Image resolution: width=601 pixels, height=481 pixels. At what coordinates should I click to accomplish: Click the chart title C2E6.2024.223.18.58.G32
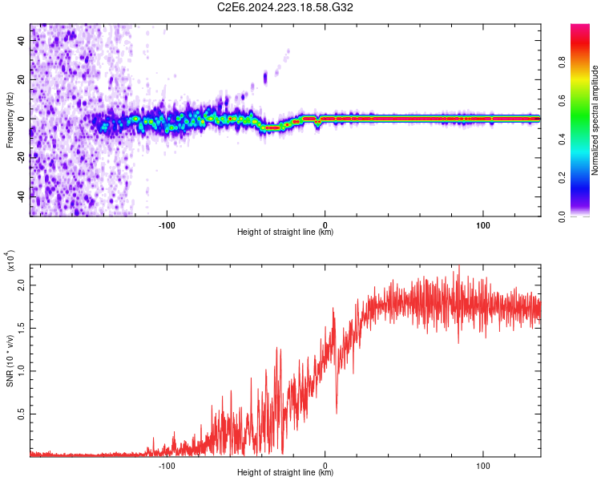284,7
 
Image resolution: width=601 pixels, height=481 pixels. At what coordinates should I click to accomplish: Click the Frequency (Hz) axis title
10,120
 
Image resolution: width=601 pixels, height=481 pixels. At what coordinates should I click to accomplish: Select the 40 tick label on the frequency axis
21,40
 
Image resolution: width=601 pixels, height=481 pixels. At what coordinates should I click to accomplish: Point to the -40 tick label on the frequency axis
21,196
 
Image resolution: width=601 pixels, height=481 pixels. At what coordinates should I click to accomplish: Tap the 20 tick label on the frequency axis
21,79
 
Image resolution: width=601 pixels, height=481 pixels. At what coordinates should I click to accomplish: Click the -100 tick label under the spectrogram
167,225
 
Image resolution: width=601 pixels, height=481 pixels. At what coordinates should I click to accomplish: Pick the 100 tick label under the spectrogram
483,225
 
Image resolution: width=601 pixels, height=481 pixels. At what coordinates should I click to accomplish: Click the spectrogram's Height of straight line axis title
285,232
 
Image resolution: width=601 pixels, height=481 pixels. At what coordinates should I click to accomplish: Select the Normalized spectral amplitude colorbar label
595,120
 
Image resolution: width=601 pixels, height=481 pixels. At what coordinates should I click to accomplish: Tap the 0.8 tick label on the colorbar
562,63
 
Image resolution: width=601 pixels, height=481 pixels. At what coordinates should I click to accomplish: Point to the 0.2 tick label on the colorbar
562,178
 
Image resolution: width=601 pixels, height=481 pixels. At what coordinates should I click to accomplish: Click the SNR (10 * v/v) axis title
10,361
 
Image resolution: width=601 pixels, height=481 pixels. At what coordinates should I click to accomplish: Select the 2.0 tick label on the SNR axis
21,285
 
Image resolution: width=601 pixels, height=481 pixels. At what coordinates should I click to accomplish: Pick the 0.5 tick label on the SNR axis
21,414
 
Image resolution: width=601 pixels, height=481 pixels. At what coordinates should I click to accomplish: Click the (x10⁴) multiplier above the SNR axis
10,261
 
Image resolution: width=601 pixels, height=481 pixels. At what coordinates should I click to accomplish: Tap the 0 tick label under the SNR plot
325,466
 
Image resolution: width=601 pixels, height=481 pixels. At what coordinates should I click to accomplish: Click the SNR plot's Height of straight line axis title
285,472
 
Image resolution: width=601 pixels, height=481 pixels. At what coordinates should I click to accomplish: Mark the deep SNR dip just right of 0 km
337,411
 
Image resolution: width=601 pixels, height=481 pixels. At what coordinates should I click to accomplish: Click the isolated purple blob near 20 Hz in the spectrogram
265,79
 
